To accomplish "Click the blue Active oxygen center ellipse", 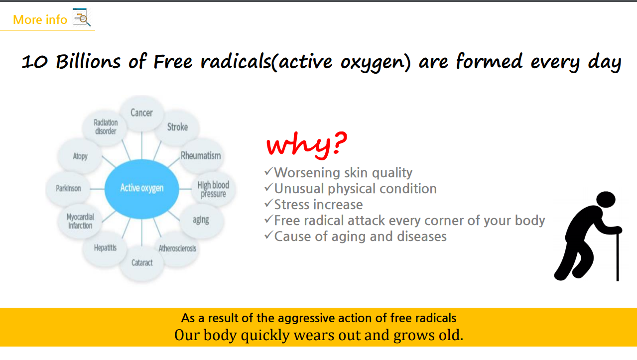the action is click(141, 189).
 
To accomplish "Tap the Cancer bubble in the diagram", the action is click(141, 113).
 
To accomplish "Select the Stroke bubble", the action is click(177, 127).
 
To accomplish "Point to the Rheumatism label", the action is click(201, 155).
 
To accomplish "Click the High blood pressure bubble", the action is click(213, 189).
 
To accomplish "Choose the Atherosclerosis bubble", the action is click(177, 248).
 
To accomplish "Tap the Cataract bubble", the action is click(141, 262).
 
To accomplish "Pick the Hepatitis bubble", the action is click(105, 248).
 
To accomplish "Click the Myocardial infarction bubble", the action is click(80, 221).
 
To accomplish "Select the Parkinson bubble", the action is click(68, 188).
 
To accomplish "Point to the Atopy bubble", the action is click(80, 156).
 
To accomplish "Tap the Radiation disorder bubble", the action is click(106, 127).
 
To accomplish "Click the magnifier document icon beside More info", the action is click(82, 17).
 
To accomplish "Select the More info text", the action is click(40, 19).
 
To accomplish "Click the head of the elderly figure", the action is click(606, 199).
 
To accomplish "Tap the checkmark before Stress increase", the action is click(268, 203).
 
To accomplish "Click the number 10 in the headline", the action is click(35, 62).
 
